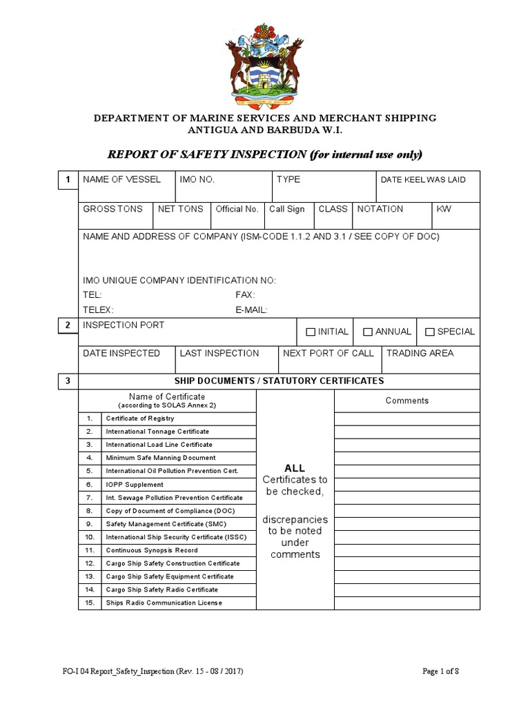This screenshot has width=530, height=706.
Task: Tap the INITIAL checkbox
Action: click(311, 332)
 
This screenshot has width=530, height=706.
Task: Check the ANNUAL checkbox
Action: click(368, 332)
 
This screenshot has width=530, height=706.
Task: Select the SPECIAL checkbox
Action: click(430, 332)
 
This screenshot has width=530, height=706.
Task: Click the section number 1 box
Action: click(67, 181)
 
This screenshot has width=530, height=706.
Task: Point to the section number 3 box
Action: click(67, 381)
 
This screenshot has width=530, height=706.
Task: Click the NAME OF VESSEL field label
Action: click(121, 179)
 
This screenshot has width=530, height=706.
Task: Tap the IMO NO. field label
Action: click(197, 179)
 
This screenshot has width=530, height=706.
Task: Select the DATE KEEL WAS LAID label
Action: click(423, 180)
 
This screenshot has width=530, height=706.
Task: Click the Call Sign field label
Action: click(286, 209)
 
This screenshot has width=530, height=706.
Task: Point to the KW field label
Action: click(443, 209)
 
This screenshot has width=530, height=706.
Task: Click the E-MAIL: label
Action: click(251, 310)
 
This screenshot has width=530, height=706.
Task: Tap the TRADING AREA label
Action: click(420, 353)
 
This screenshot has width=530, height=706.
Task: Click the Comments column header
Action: click(406, 401)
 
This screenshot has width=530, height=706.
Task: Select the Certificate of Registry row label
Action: click(139, 418)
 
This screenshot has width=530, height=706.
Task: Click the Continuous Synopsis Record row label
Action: click(151, 550)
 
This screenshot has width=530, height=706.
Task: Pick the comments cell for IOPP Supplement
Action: click(406, 484)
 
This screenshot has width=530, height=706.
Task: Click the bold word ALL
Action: click(295, 468)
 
